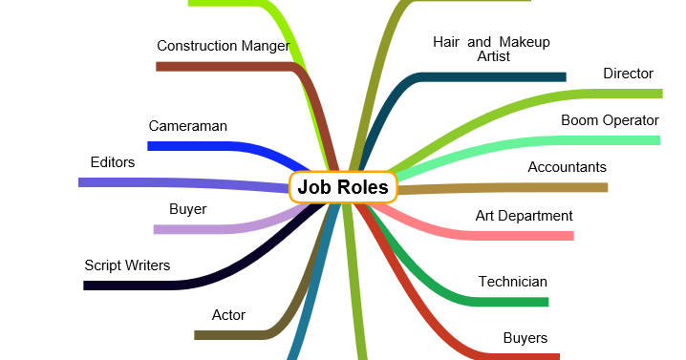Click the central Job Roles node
click(343, 187)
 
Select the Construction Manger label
click(224, 45)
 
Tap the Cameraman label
click(187, 125)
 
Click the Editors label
click(112, 162)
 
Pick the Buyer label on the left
click(187, 209)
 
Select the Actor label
click(228, 314)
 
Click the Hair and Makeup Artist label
click(491, 49)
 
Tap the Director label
click(628, 74)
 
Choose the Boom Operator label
click(610, 120)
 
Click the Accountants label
click(567, 167)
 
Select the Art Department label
click(524, 216)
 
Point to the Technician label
click(512, 282)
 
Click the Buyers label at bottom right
click(525, 337)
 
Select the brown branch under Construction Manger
click(220, 66)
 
